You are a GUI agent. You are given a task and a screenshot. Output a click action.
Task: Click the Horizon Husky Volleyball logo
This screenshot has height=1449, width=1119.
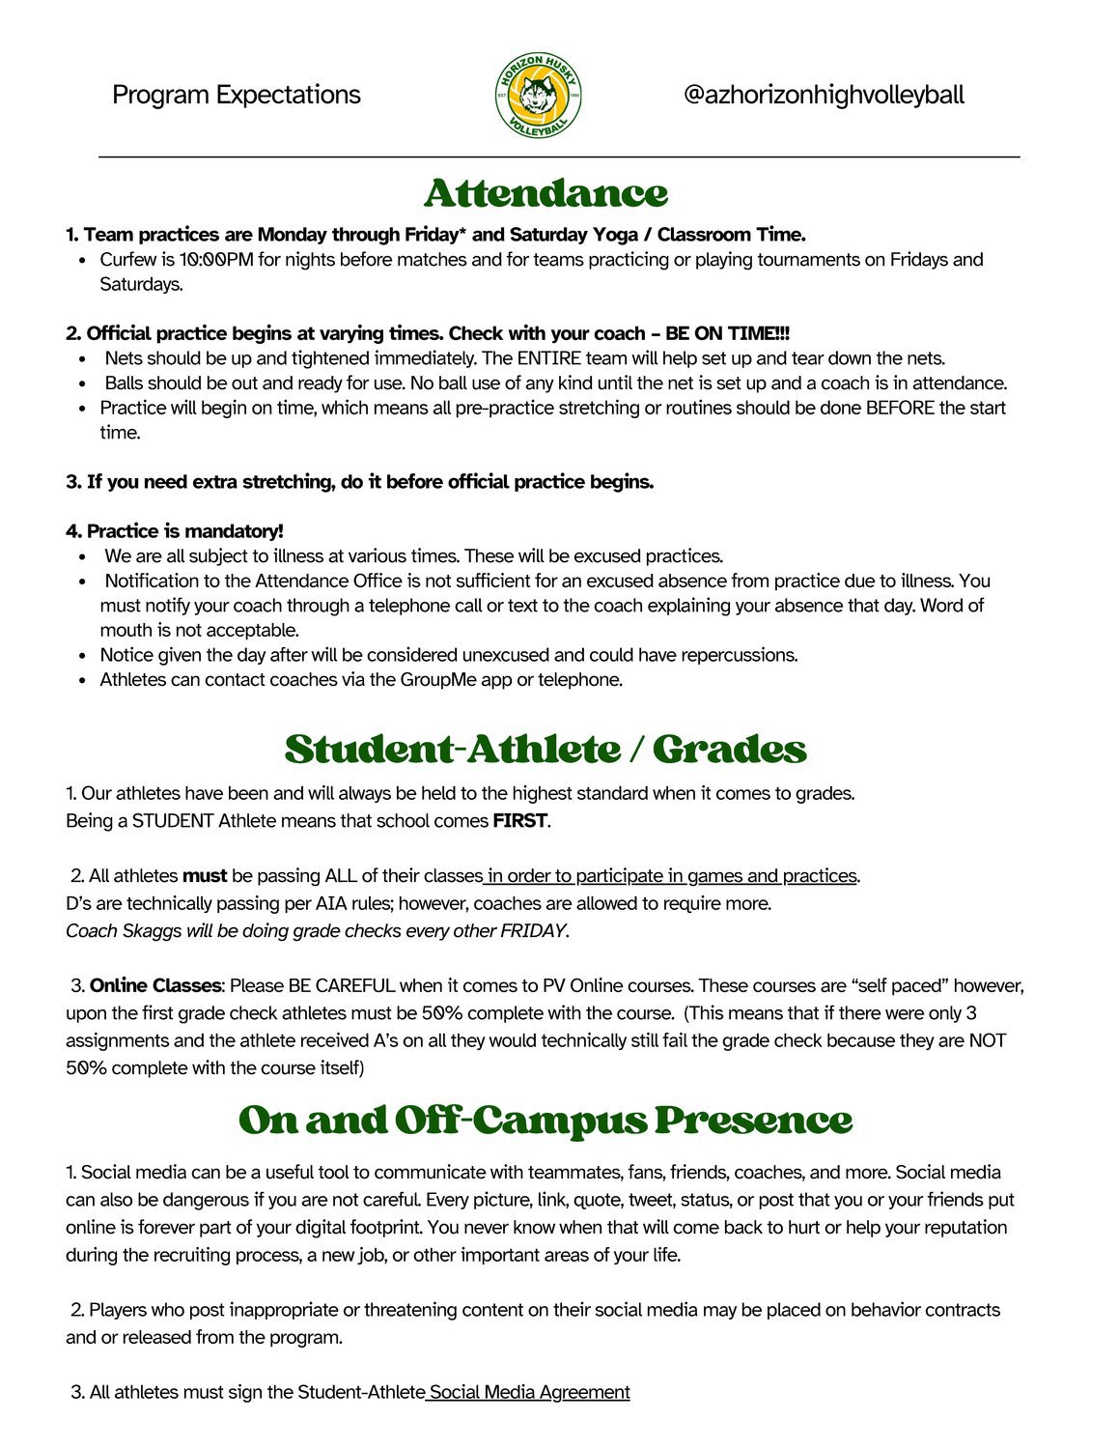[x=538, y=95]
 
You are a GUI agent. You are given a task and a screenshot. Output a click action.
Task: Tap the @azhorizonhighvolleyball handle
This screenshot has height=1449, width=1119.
[x=823, y=95]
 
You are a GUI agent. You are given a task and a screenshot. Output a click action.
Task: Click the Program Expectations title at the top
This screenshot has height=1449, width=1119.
[x=237, y=95]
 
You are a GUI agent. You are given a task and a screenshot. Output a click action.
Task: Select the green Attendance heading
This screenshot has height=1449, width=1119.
[x=546, y=193]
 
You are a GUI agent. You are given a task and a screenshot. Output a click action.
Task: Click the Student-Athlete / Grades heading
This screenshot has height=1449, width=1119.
[x=546, y=750]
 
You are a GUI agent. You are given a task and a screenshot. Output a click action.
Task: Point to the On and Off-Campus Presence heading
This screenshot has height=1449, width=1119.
[x=546, y=1121]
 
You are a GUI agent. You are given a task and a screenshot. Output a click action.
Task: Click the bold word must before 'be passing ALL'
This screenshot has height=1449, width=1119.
[x=205, y=876]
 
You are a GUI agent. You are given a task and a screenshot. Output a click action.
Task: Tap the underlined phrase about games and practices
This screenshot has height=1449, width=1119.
[x=672, y=876]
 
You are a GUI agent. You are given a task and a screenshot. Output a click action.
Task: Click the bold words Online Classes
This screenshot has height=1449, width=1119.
[x=155, y=986]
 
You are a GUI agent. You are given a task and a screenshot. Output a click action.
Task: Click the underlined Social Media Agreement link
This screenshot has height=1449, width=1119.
[x=529, y=1392]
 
